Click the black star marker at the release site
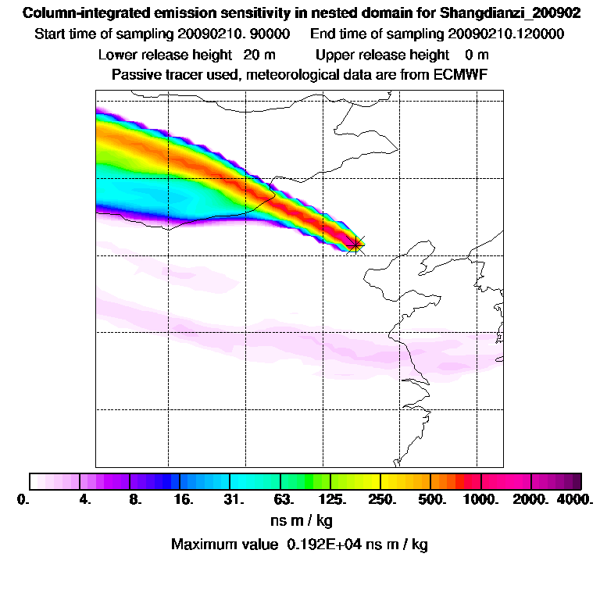[x=355, y=245]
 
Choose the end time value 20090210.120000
[x=506, y=34]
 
